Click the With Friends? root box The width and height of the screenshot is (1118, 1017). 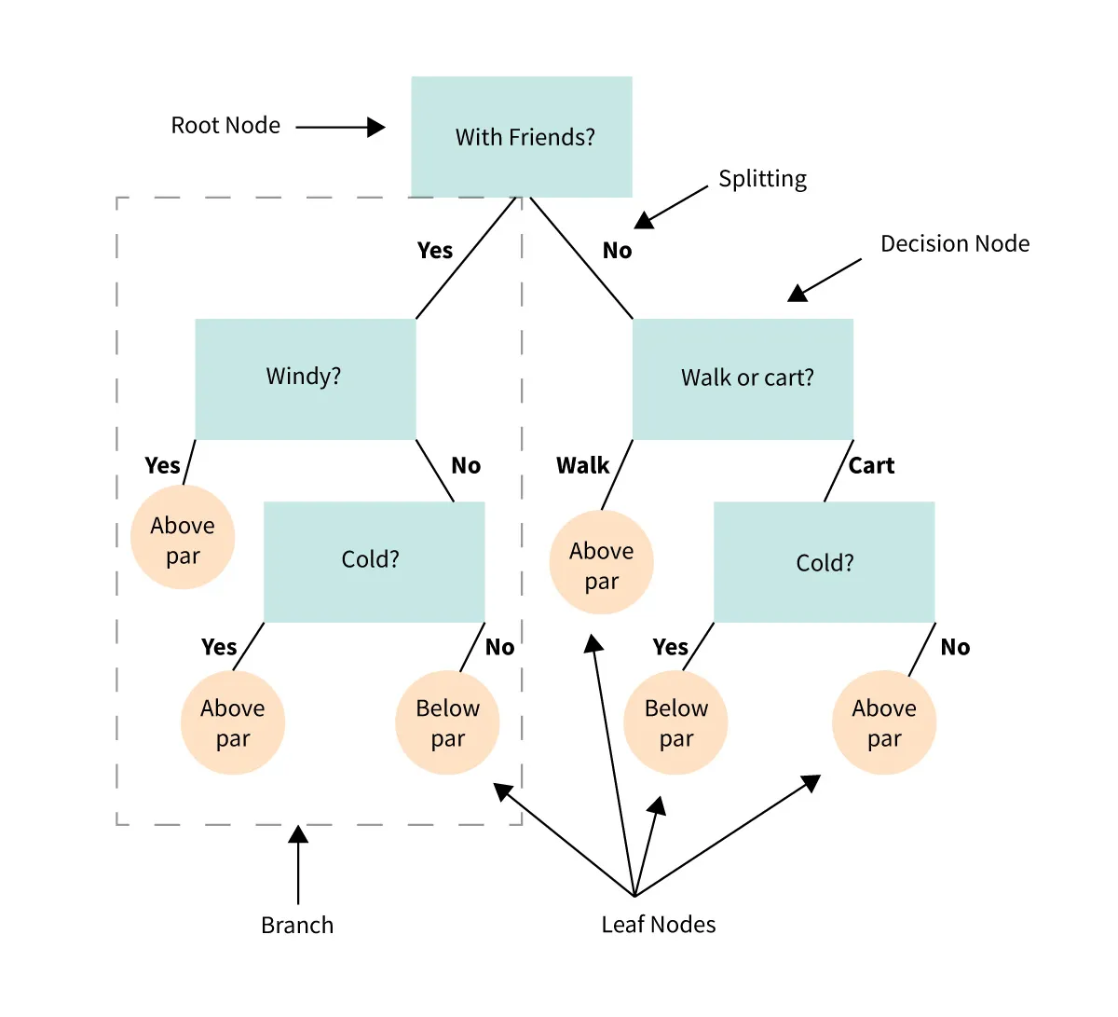(x=522, y=137)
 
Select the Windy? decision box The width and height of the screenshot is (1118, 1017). (x=305, y=378)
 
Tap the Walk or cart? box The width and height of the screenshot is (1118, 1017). (x=743, y=378)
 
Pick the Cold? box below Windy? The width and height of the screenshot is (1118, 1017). (x=374, y=561)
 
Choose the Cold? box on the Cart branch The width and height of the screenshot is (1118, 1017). (x=824, y=561)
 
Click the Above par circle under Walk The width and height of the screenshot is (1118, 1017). (x=601, y=563)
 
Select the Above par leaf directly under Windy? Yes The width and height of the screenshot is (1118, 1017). (x=183, y=538)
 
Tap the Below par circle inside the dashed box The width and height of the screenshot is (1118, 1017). (x=447, y=722)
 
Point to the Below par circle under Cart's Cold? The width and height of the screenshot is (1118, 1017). (x=675, y=722)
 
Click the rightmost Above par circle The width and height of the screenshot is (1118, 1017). (x=883, y=722)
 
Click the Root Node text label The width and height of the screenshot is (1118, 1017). (x=225, y=126)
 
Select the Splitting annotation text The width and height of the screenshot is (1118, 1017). (x=762, y=179)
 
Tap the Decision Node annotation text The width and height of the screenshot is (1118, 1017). (x=955, y=244)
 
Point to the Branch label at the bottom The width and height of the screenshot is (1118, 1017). (x=297, y=925)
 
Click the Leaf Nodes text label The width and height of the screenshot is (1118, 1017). (x=659, y=925)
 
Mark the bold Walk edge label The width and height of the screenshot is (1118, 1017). (x=582, y=466)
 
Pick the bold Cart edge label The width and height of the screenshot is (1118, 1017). (x=871, y=466)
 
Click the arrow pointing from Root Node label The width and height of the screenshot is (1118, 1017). (x=340, y=127)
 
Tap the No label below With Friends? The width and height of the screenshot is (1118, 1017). (x=617, y=251)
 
